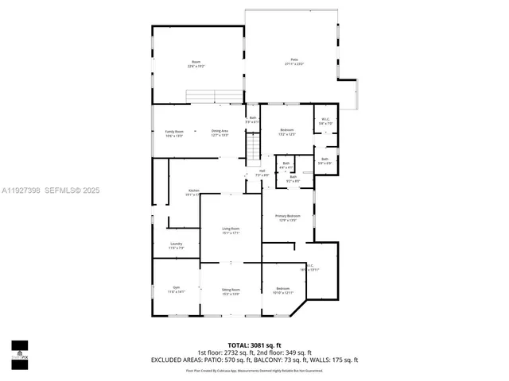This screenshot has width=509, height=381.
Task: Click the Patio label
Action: [x=294, y=61]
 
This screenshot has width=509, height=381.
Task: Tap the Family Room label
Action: [x=174, y=133]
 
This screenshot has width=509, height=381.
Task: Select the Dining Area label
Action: [x=220, y=133]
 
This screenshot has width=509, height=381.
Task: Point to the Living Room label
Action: [x=231, y=230]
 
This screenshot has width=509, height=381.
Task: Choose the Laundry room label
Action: [x=176, y=245]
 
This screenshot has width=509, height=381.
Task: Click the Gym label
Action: [x=176, y=289]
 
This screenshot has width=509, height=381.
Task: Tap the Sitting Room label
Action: [x=231, y=291]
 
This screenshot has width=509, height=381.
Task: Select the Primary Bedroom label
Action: [x=287, y=217]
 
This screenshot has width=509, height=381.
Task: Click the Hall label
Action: [x=262, y=172]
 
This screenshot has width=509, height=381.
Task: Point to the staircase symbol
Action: [x=252, y=148]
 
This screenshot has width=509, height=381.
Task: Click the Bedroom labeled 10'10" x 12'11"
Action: [x=283, y=290]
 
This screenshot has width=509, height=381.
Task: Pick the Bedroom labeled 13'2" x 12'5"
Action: [x=287, y=132]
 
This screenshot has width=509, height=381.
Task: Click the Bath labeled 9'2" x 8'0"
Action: [x=293, y=179]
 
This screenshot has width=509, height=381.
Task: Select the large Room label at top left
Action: [x=196, y=64]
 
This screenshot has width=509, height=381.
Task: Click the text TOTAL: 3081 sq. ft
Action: [x=254, y=346]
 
